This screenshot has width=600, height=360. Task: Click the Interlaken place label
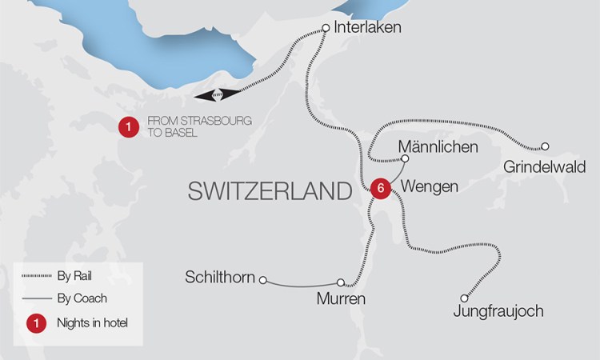tap(368, 28)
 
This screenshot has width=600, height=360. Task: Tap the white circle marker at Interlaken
tap(325, 28)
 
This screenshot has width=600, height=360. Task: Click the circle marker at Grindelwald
tap(545, 146)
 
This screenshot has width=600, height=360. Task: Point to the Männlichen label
tap(438, 147)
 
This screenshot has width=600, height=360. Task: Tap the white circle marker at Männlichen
tap(405, 158)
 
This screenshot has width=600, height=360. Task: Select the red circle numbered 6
tap(381, 188)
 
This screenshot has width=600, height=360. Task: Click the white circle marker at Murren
tap(342, 282)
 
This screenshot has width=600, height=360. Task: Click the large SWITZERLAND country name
tap(270, 190)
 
